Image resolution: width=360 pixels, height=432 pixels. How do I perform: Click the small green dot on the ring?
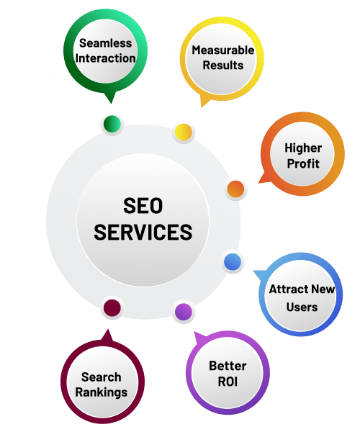pyautogui.click(x=112, y=124)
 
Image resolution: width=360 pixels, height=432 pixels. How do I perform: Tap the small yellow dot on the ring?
pyautogui.click(x=184, y=132)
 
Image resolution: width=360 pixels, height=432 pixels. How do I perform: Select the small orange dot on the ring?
pyautogui.click(x=235, y=189)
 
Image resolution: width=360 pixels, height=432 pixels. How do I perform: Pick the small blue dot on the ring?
pyautogui.click(x=233, y=261)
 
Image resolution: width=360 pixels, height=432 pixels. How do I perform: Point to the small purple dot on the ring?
pyautogui.click(x=184, y=312)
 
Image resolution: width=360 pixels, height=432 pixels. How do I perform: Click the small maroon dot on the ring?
pyautogui.click(x=112, y=307)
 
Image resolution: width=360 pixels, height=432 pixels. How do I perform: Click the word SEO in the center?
pyautogui.click(x=143, y=205)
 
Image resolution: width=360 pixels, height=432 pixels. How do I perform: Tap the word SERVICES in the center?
pyautogui.click(x=143, y=232)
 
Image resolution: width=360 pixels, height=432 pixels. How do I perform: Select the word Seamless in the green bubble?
pyautogui.click(x=106, y=43)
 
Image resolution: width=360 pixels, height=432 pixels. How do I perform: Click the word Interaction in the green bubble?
pyautogui.click(x=106, y=58)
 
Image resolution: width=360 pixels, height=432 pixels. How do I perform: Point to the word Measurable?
pyautogui.click(x=223, y=50)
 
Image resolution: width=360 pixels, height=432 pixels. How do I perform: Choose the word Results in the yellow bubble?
pyautogui.click(x=223, y=66)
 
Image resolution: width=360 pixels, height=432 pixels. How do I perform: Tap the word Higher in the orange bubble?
pyautogui.click(x=303, y=148)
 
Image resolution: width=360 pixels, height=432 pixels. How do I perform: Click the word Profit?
pyautogui.click(x=303, y=163)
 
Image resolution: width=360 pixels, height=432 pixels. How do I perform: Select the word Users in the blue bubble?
pyautogui.click(x=302, y=307)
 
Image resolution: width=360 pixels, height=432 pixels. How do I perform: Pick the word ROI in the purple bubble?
pyautogui.click(x=228, y=382)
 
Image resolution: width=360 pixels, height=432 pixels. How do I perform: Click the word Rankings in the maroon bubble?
pyautogui.click(x=102, y=392)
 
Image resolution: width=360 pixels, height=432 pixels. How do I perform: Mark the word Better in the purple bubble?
pyautogui.click(x=228, y=366)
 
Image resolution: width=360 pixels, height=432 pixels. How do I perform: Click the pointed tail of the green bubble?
pyautogui.click(x=111, y=102)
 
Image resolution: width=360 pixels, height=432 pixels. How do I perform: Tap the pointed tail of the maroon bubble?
pyautogui.click(x=108, y=330)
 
